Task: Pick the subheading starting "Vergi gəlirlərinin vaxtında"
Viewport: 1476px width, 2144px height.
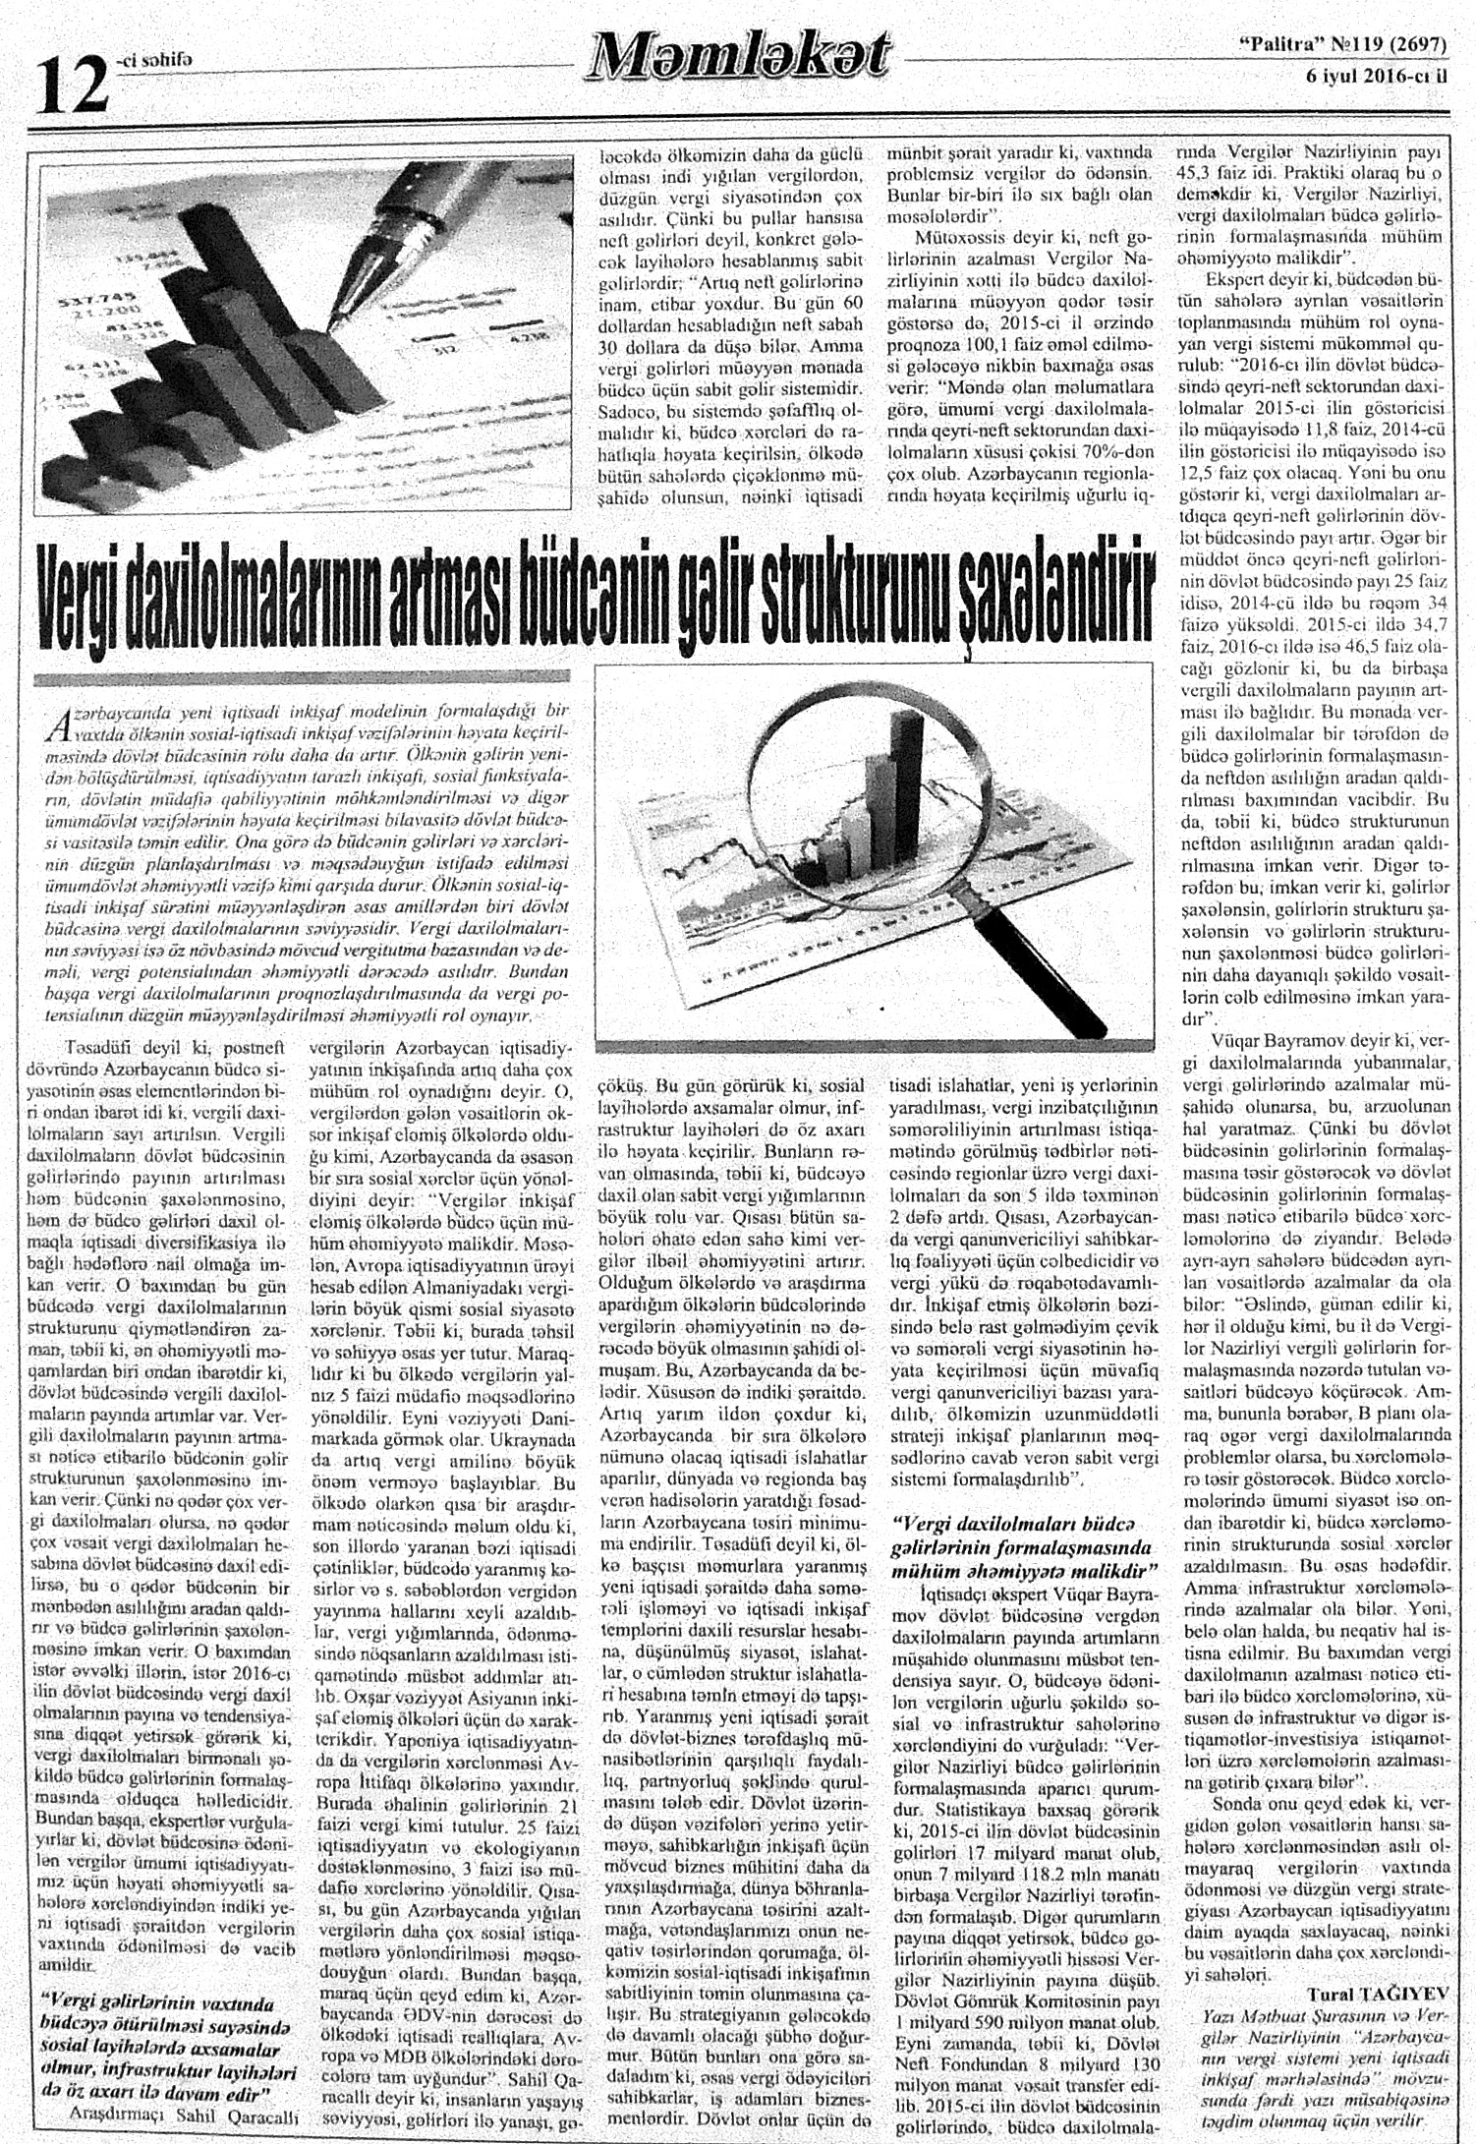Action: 151,1970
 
